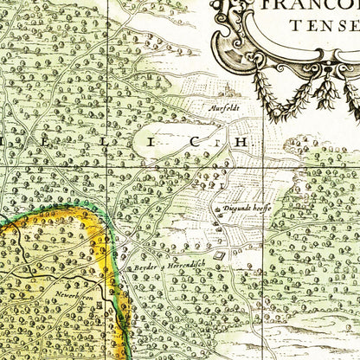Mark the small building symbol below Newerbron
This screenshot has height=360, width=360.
(x=102, y=302)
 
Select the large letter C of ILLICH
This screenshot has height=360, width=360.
(x=198, y=142)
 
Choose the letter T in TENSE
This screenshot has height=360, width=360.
(x=296, y=25)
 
